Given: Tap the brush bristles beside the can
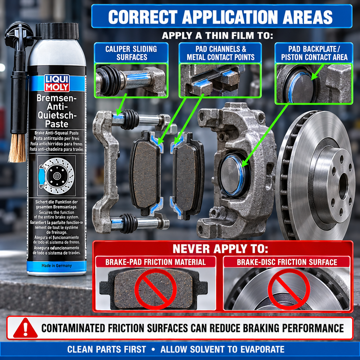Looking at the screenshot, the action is [17, 148].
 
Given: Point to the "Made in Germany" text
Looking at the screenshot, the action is [57, 265].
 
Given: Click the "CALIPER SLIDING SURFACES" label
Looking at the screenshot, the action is [131, 53].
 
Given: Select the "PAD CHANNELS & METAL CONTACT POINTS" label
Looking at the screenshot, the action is [220, 53].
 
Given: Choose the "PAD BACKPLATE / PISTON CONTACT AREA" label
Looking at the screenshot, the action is [314, 53].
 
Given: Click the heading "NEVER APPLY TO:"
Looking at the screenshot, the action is [220, 249].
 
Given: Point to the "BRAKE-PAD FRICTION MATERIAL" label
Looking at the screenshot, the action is [155, 262].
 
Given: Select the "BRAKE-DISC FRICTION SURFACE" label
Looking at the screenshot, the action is [287, 262].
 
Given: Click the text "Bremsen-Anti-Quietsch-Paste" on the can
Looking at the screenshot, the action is [57, 111].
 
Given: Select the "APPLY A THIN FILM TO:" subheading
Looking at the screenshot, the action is [217, 35].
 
